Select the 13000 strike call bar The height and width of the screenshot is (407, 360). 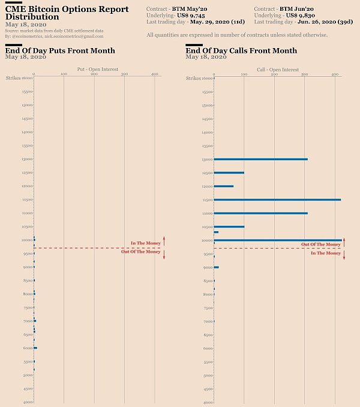pyautogui.click(x=260, y=159)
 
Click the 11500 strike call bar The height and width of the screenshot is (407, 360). pyautogui.click(x=277, y=199)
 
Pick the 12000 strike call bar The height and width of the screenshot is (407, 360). pyautogui.click(x=224, y=186)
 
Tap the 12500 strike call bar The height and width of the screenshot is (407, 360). pyautogui.click(x=229, y=173)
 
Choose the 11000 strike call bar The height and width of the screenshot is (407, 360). pyautogui.click(x=260, y=213)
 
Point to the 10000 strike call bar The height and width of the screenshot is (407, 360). pyautogui.click(x=278, y=240)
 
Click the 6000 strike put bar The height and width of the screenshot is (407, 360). pyautogui.click(x=35, y=348)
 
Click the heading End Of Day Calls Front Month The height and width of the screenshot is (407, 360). pyautogui.click(x=241, y=50)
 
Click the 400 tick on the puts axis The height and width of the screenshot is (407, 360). pyautogui.click(x=155, y=74)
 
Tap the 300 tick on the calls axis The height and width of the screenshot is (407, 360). pyautogui.click(x=305, y=74)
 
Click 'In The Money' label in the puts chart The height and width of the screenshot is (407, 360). pyautogui.click(x=145, y=243)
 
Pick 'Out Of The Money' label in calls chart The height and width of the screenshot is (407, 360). pyautogui.click(x=320, y=244)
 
